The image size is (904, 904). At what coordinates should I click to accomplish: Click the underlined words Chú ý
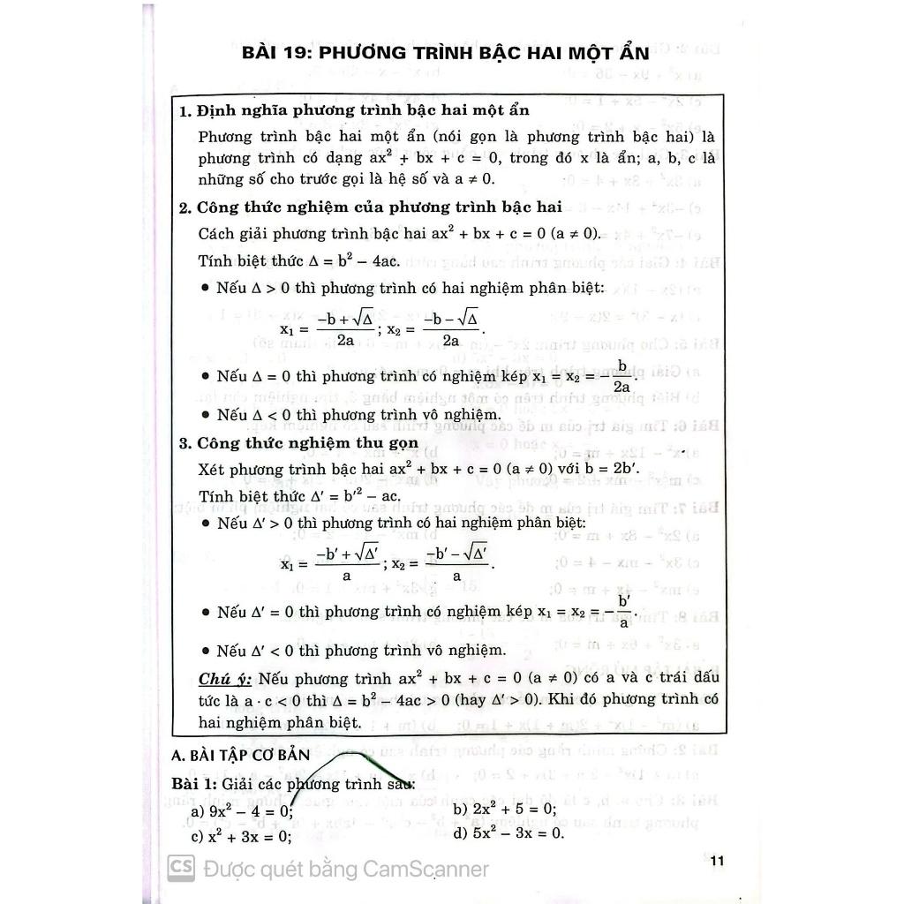coord(225,678)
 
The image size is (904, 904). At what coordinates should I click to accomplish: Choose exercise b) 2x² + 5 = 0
coord(504,809)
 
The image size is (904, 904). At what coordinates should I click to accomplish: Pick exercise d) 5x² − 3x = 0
coord(508,832)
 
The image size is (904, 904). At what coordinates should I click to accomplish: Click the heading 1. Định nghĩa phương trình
coord(354,111)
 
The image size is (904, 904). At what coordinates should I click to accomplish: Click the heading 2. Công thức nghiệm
coord(370,208)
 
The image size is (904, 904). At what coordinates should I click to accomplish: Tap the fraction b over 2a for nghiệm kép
coord(621,377)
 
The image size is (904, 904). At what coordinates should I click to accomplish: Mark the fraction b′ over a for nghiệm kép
coord(624,611)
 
